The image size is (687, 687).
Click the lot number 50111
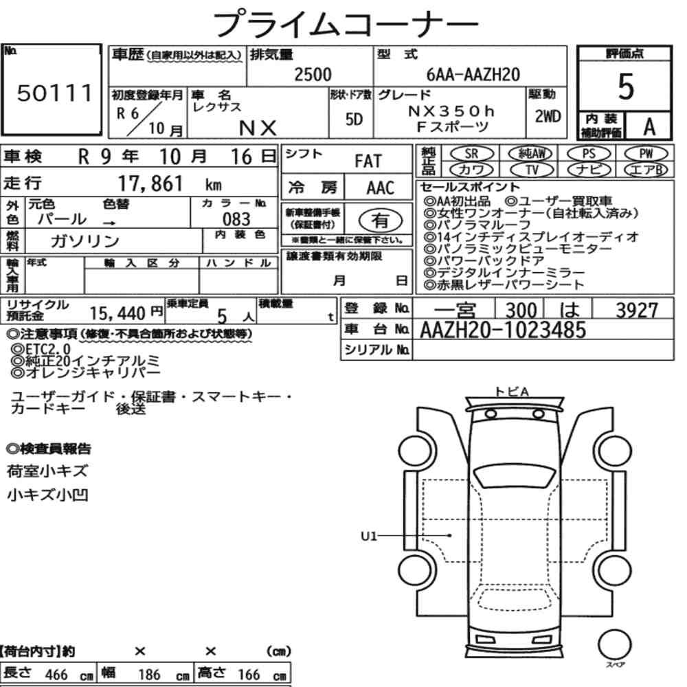(55, 93)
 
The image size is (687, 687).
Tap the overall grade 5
(626, 87)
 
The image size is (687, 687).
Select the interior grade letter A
(649, 127)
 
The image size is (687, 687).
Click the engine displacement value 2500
(313, 74)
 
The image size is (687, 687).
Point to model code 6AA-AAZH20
(473, 75)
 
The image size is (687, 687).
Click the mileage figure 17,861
(150, 183)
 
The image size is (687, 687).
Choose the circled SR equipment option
(471, 154)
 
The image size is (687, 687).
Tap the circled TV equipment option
(532, 170)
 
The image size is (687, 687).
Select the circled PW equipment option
(646, 154)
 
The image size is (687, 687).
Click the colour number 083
(236, 219)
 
